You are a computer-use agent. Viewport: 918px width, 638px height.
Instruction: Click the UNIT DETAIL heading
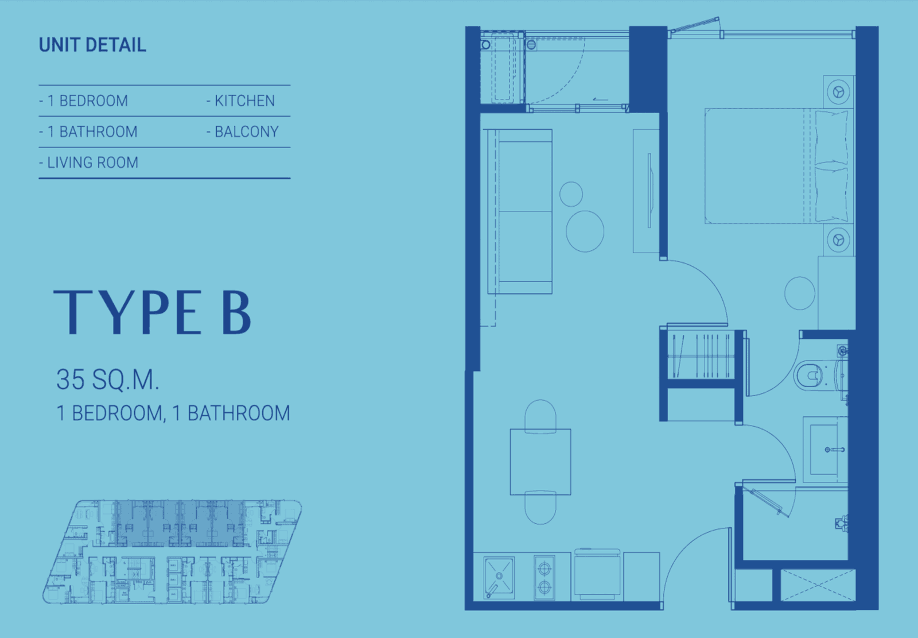coord(92,45)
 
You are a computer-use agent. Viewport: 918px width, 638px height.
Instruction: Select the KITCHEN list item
coord(240,101)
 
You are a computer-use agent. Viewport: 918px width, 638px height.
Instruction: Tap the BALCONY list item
coord(242,132)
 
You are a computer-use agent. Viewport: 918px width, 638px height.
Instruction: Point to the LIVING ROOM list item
coord(88,163)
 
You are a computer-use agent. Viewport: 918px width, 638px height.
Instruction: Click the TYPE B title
coord(152,312)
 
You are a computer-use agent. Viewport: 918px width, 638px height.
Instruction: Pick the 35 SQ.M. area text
coord(107,379)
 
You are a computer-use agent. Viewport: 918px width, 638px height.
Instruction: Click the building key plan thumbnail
coord(172,551)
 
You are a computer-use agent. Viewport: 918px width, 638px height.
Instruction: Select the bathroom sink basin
coord(824,450)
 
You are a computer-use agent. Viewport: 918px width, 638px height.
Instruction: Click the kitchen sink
coord(499,577)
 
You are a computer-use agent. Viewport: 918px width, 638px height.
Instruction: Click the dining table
coord(540,462)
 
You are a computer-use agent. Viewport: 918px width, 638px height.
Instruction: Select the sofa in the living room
coord(520,212)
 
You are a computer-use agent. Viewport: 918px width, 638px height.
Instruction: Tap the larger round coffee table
coord(585,231)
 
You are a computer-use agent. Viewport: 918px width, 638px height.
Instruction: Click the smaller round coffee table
coord(571,194)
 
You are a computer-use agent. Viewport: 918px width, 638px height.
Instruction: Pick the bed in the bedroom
coord(779,166)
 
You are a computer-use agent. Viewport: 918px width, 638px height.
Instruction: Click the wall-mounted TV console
coord(646,191)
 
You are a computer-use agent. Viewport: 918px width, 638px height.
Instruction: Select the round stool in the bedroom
coord(800,293)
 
